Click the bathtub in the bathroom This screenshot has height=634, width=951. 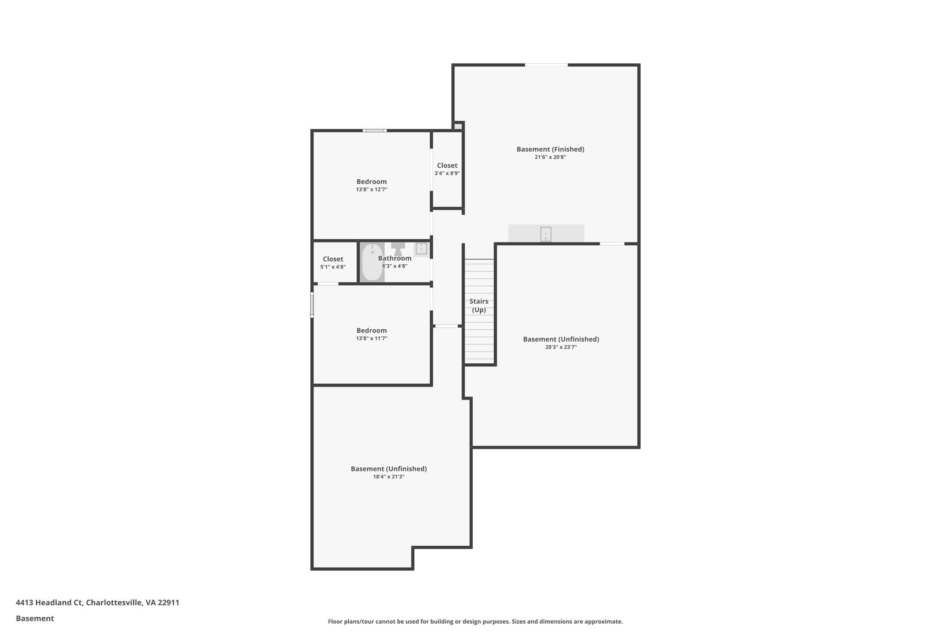pos(372,262)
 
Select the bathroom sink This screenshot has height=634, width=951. pos(421,248)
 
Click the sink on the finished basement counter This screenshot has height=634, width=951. pos(546,234)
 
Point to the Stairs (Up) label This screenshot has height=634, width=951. pos(479,306)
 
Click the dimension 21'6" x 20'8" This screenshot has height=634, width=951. pos(550,157)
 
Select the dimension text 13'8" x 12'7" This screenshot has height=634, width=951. pos(371,190)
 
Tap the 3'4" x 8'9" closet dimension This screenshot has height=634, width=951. pos(447,174)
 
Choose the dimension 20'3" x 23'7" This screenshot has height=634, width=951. pos(561,347)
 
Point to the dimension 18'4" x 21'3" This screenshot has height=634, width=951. pos(389,477)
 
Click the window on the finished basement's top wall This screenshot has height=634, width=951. pos(546,65)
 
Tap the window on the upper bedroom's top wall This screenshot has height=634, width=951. pos(374,131)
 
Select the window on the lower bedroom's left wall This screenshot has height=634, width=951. pos(312,305)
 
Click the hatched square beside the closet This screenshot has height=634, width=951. pos(458,126)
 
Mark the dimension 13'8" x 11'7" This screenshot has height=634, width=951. pos(371,339)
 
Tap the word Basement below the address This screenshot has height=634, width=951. pos(35,618)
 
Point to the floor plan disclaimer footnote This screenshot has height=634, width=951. pos(475,621)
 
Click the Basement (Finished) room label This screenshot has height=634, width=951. pos(550,149)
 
